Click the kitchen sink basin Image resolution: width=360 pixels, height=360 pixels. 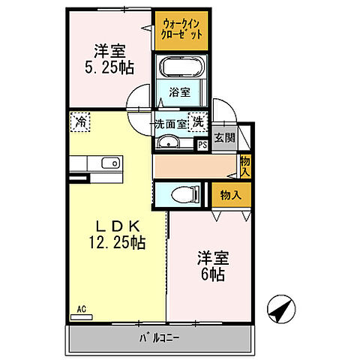point(110,163)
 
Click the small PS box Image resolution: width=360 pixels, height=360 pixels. point(202,145)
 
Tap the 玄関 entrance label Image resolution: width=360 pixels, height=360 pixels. point(223,138)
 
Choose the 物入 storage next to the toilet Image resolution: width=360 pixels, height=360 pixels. point(230,195)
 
